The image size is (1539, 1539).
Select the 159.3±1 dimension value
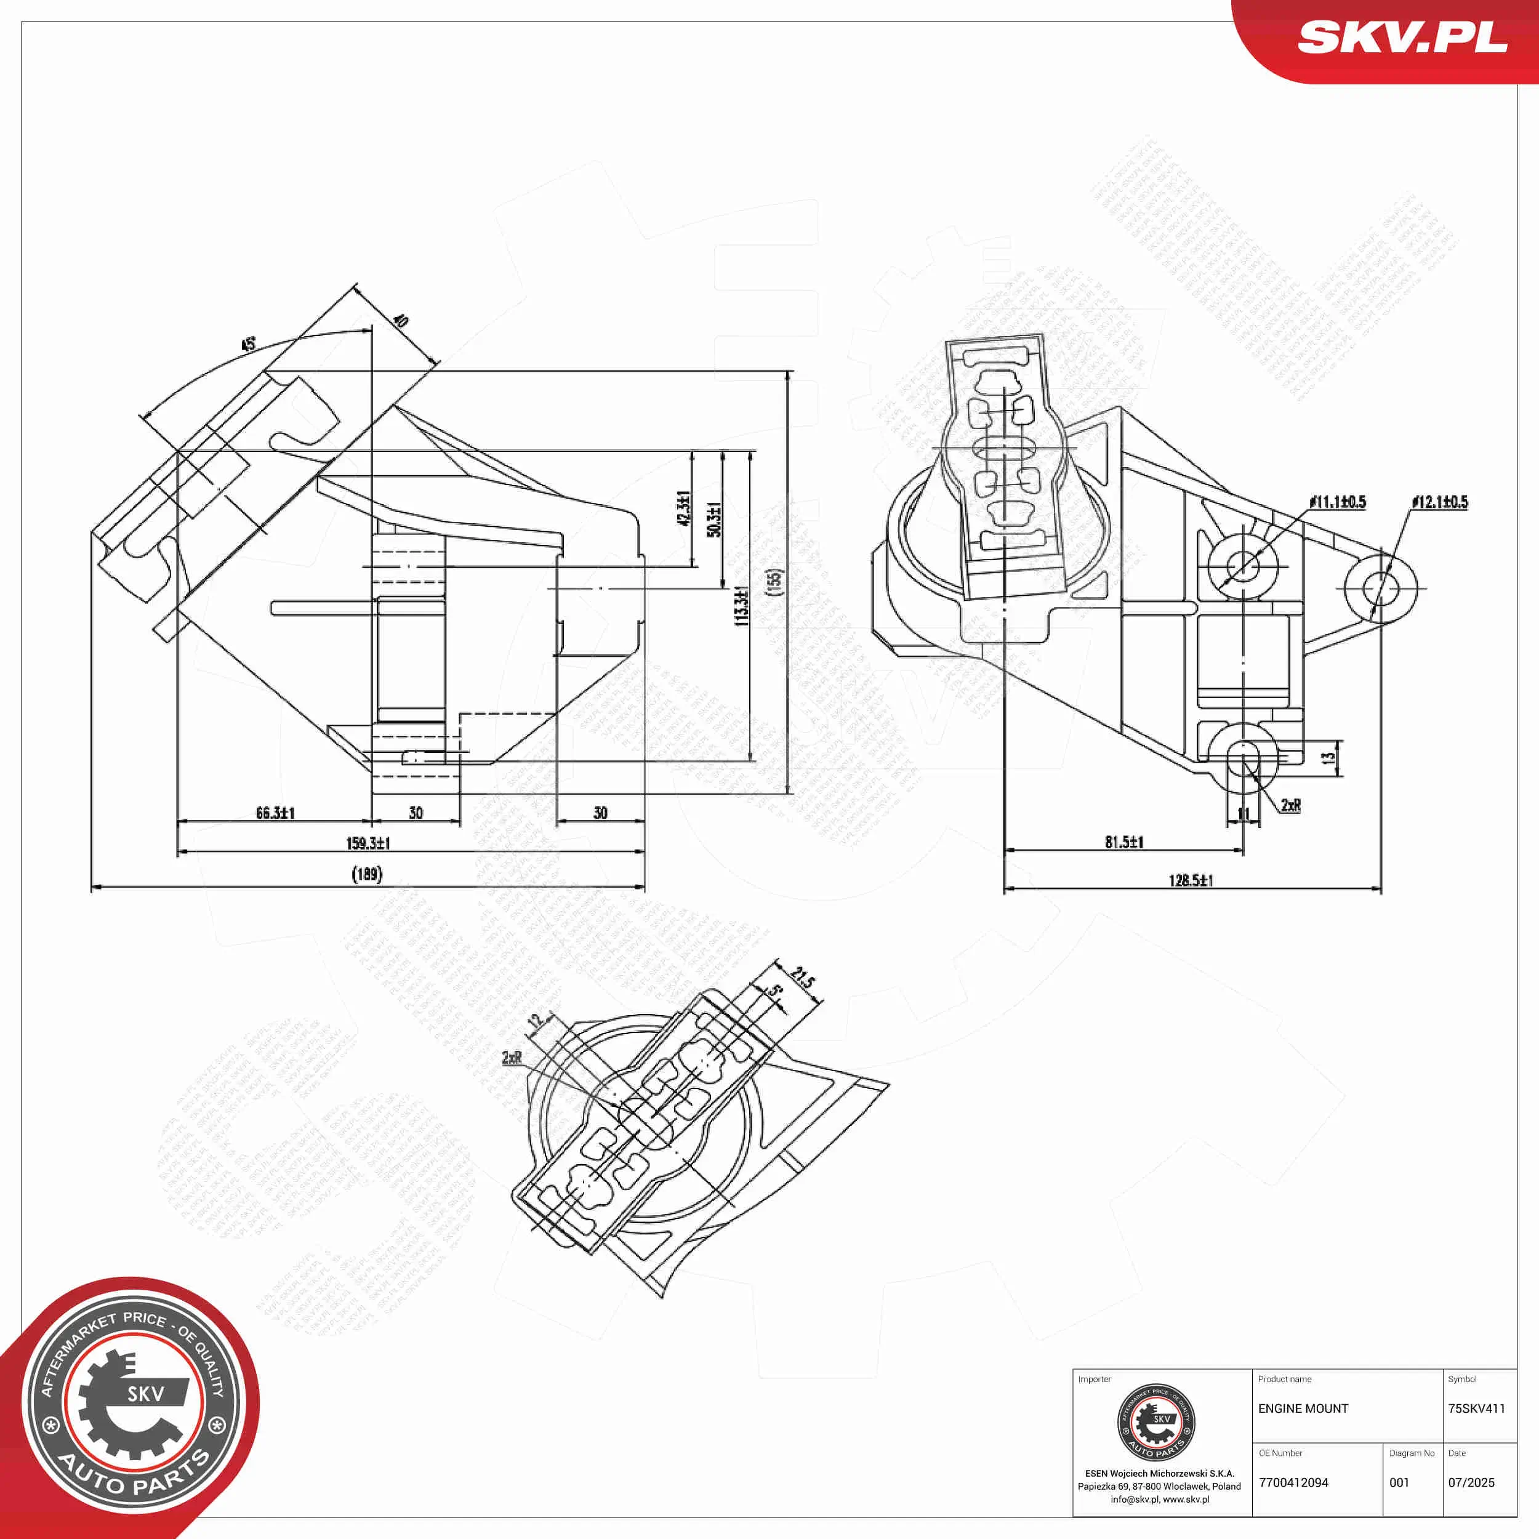(368, 843)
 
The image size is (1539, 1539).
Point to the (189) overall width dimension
(368, 874)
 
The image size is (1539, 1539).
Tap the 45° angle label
(249, 344)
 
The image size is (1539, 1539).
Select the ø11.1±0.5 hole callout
(1338, 501)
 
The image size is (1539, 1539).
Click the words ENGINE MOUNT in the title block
(1303, 1409)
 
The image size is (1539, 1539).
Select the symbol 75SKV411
(1477, 1409)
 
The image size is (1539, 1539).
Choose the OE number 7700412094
(1293, 1483)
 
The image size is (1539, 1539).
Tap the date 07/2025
(1471, 1483)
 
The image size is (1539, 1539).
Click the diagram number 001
(1400, 1483)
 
